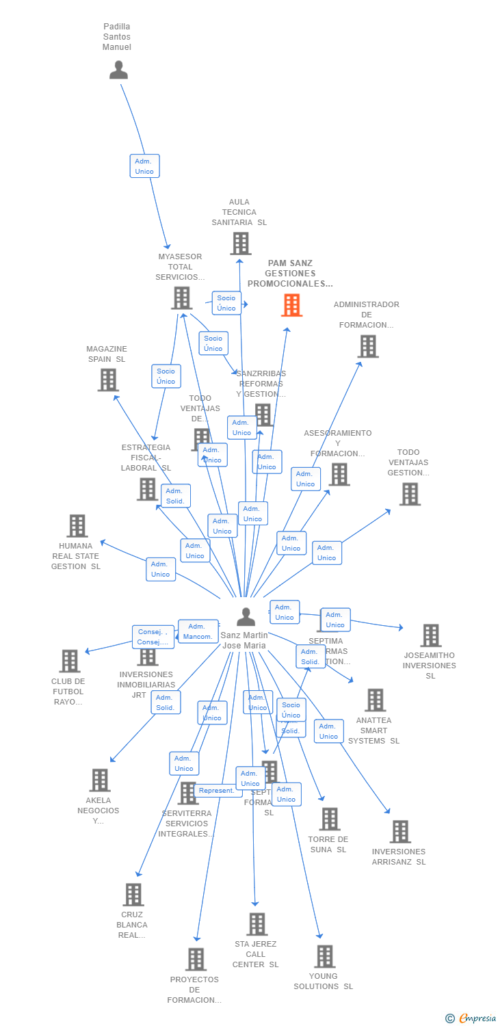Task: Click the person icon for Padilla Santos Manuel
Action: (x=118, y=70)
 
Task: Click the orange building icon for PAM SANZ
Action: (x=291, y=305)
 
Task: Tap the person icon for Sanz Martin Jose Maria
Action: (x=246, y=617)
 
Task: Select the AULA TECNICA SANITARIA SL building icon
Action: (x=240, y=244)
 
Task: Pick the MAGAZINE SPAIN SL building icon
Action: (x=108, y=380)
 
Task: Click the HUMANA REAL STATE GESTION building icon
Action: (x=77, y=526)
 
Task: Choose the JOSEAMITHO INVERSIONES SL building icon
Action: (x=430, y=635)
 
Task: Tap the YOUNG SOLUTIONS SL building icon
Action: (x=324, y=956)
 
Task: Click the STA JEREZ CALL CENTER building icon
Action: (x=257, y=924)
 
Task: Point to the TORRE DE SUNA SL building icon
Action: (x=330, y=819)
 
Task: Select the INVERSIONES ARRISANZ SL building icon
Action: (x=400, y=832)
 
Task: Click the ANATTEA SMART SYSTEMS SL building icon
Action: (x=375, y=700)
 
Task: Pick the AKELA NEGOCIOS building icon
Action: (x=100, y=780)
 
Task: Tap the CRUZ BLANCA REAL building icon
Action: (x=133, y=894)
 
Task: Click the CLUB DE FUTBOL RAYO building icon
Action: (x=70, y=661)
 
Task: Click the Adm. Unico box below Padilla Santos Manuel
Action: (x=144, y=166)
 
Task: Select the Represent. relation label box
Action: (x=217, y=791)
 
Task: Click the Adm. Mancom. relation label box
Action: (x=198, y=631)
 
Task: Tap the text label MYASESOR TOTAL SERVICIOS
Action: (x=180, y=267)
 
